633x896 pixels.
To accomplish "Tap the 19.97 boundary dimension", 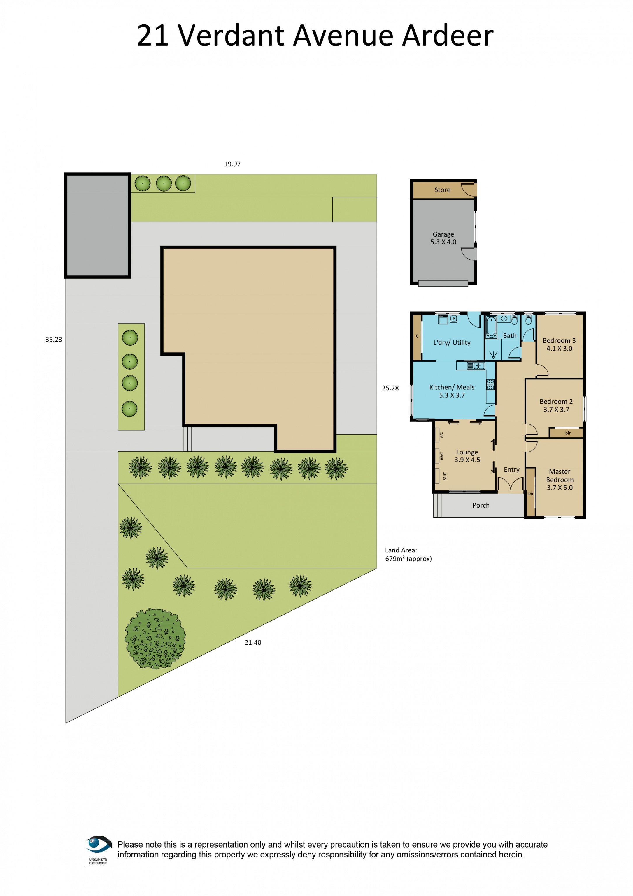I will [x=232, y=164].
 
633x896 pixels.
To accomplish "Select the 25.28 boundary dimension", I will [x=390, y=388].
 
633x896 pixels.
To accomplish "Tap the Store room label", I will [x=442, y=190].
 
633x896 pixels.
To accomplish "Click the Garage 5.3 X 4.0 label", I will [x=443, y=238].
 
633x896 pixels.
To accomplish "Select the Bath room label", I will [x=509, y=336].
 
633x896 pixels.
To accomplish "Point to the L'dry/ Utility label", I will [x=452, y=343].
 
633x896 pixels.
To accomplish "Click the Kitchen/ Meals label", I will [x=452, y=391].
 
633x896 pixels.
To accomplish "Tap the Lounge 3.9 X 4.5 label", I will [x=467, y=456].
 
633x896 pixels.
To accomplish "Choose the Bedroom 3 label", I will [x=559, y=344].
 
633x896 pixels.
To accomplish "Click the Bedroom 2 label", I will [x=556, y=405].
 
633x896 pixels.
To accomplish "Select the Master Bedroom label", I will [x=559, y=480].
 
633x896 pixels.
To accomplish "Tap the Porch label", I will [x=481, y=505].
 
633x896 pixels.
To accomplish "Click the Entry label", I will [x=511, y=470].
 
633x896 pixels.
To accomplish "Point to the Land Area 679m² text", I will [x=408, y=554].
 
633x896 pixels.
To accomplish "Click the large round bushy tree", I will [x=155, y=639].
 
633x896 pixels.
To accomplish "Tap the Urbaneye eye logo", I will [x=98, y=844].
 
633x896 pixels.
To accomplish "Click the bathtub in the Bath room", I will [x=491, y=327].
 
